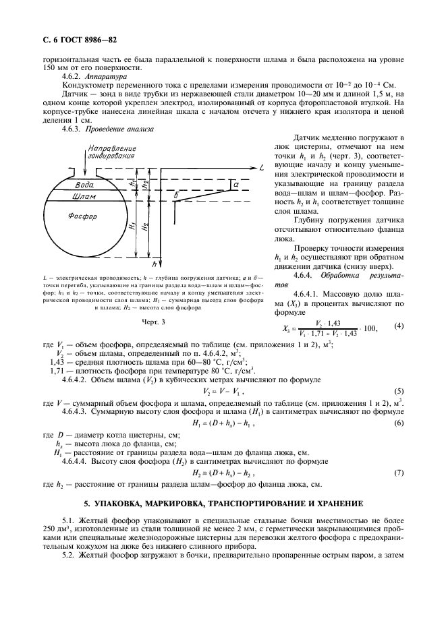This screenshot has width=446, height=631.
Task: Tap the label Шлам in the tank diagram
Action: (x=83, y=196)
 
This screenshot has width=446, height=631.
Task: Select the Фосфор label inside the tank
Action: (x=83, y=216)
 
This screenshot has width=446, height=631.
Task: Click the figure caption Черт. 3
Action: (x=153, y=322)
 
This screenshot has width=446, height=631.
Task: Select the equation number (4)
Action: (x=398, y=327)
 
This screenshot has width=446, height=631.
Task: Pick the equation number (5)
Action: (x=398, y=390)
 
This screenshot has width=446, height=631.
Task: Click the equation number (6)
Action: (x=398, y=423)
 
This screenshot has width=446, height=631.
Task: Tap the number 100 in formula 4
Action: (x=369, y=328)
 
